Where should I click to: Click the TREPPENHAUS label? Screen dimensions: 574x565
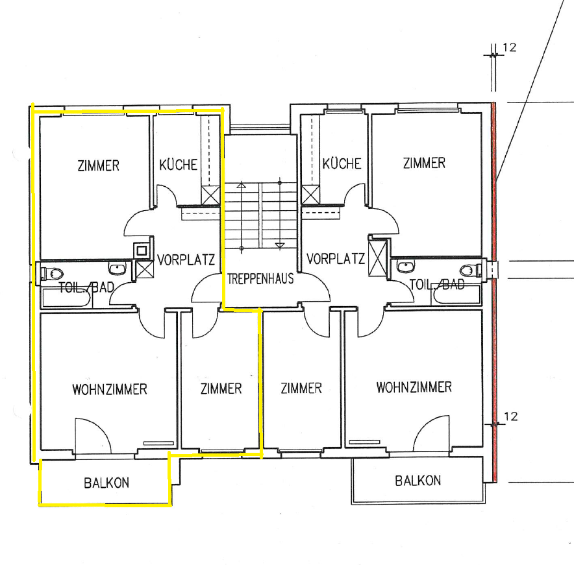pos(260,279)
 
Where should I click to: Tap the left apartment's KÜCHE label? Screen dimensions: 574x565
pos(179,165)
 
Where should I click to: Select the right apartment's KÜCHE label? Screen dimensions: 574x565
pos(342,163)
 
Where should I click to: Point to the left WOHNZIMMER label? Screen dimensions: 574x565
pos(110,389)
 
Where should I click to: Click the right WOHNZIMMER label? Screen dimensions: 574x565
pos(414,387)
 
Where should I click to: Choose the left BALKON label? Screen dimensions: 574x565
pos(106,483)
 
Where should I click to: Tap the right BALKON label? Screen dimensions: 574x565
pos(418,481)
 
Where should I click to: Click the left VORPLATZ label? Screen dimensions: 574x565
pos(186,259)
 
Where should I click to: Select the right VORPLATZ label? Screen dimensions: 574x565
pos(336,259)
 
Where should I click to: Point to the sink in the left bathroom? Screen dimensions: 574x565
pos(117,269)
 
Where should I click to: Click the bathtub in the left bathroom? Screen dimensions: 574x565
pos(66,298)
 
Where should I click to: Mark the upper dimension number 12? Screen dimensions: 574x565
pos(509,47)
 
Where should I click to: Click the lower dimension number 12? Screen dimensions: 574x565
pos(510,416)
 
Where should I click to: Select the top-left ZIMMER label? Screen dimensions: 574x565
pos(99,165)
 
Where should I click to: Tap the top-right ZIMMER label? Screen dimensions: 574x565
pos(424,163)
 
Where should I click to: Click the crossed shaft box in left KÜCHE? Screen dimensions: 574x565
pos(211,196)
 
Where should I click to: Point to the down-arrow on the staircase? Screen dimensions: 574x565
pos(280,246)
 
